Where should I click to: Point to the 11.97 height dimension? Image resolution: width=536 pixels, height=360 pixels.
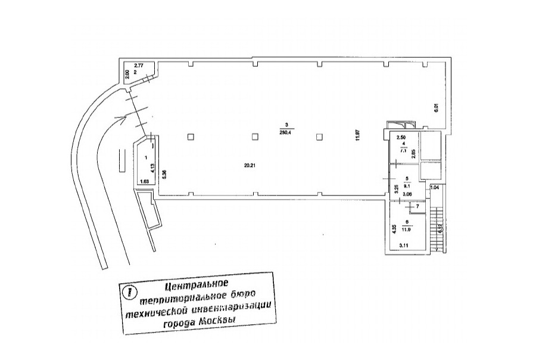coord(359,136)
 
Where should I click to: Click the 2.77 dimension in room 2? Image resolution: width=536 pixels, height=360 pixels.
coord(139,65)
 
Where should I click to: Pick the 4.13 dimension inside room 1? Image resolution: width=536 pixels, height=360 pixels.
coord(152,167)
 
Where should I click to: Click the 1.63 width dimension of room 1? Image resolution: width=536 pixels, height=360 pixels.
coord(144,181)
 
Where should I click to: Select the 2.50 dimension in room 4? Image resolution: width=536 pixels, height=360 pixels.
coord(401,138)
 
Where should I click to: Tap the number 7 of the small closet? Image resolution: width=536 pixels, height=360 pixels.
coord(417,207)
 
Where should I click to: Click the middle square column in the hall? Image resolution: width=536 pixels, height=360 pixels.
coord(254,136)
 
